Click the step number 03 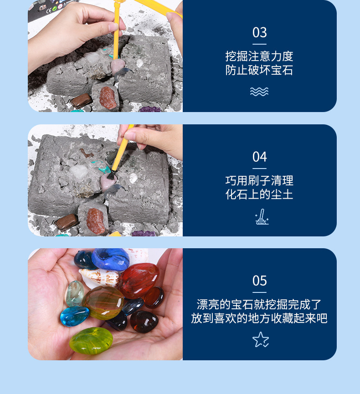pyautogui.click(x=259, y=33)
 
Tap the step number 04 pyautogui.click(x=259, y=157)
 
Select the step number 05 pyautogui.click(x=259, y=281)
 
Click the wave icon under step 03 pyautogui.click(x=259, y=92)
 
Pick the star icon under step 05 pyautogui.click(x=260, y=339)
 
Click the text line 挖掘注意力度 pyautogui.click(x=259, y=56)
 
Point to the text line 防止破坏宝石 pyautogui.click(x=259, y=71)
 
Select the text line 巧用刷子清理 pyautogui.click(x=259, y=181)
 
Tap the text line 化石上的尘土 pyautogui.click(x=259, y=195)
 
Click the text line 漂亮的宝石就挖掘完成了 pyautogui.click(x=259, y=305)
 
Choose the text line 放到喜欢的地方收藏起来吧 pyautogui.click(x=259, y=319)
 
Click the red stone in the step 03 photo pyautogui.click(x=108, y=97)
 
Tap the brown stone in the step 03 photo pyautogui.click(x=81, y=101)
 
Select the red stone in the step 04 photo pyautogui.click(x=96, y=221)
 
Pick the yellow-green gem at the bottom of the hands pyautogui.click(x=91, y=340)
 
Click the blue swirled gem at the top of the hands pyautogui.click(x=110, y=258)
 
